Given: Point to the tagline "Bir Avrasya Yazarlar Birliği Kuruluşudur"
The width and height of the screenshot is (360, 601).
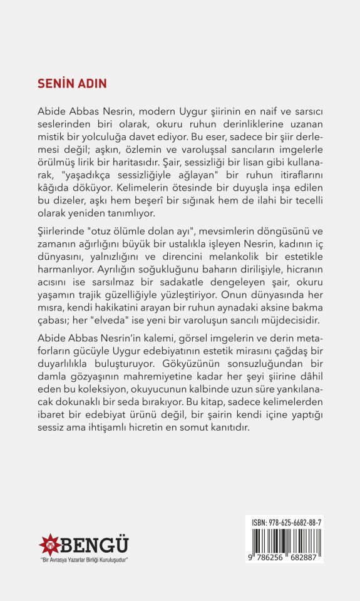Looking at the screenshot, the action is click(x=84, y=559).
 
